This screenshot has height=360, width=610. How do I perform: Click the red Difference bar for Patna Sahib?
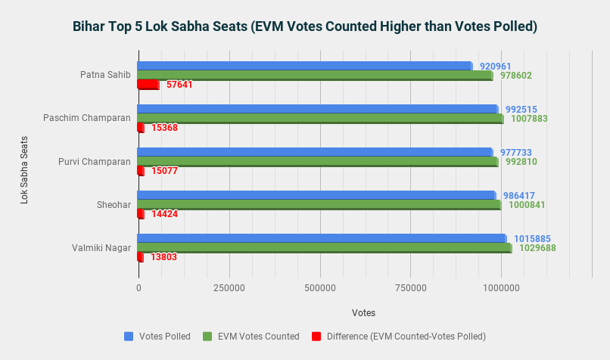(148, 85)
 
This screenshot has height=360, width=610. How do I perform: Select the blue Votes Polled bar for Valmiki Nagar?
(322, 239)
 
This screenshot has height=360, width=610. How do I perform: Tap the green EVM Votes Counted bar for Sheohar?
(319, 205)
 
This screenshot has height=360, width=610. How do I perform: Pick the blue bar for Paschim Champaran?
(318, 110)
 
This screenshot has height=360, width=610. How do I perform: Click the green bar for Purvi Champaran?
(318, 162)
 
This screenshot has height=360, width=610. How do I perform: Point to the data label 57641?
(179, 85)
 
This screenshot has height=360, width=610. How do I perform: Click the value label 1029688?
(537, 248)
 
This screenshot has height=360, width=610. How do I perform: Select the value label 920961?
(495, 67)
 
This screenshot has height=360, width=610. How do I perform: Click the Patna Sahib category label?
(105, 75)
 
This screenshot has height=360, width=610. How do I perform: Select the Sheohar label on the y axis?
(114, 204)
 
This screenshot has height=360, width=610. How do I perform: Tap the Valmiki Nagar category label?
(101, 247)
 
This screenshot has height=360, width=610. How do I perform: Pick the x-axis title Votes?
(363, 313)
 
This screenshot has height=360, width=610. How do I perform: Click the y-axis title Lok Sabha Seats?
(25, 169)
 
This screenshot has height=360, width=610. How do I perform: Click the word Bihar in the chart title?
(89, 26)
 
